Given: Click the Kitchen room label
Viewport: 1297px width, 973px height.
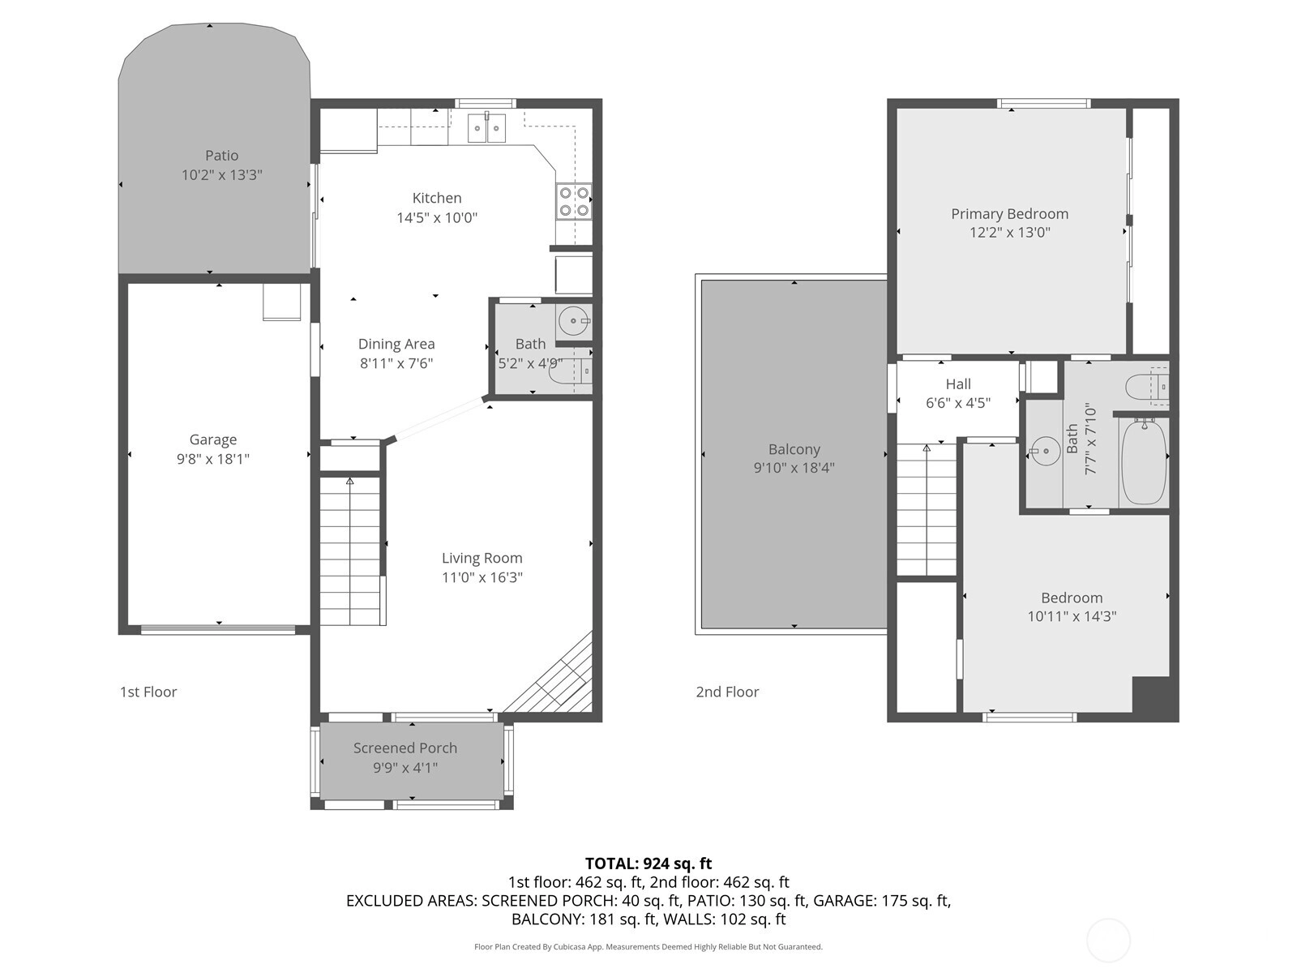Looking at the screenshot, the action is tap(437, 198).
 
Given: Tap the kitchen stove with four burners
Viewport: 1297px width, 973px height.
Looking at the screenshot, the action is tap(574, 201).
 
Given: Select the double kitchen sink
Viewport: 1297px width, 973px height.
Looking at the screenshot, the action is tap(487, 128).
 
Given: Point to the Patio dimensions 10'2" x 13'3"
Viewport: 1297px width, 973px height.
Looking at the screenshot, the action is tap(221, 175).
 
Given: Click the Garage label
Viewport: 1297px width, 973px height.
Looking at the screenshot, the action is tap(212, 439).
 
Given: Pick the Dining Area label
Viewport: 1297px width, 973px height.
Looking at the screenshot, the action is tap(396, 344).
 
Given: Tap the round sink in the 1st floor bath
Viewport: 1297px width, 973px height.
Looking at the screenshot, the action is tap(572, 321).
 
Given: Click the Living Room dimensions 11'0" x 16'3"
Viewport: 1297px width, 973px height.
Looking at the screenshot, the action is tap(482, 577).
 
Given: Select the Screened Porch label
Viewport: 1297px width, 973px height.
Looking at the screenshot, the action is tap(405, 748).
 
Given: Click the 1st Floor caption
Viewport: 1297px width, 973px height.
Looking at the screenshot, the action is tap(148, 692).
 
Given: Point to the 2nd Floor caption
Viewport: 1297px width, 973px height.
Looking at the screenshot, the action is tap(727, 692).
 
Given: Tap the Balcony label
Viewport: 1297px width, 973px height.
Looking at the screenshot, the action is tap(794, 449).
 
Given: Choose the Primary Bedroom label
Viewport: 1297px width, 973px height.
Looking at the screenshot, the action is tap(1010, 214).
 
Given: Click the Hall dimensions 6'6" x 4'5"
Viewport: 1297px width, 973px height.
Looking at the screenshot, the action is tap(958, 403).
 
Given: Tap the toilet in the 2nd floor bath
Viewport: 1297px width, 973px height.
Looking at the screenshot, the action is tap(1146, 387).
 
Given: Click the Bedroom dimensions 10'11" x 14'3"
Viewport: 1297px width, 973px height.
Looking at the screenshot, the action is tap(1072, 617).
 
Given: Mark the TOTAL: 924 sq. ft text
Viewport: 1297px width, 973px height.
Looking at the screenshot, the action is tap(648, 864).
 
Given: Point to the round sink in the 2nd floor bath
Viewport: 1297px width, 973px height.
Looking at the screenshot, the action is tap(1045, 451).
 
